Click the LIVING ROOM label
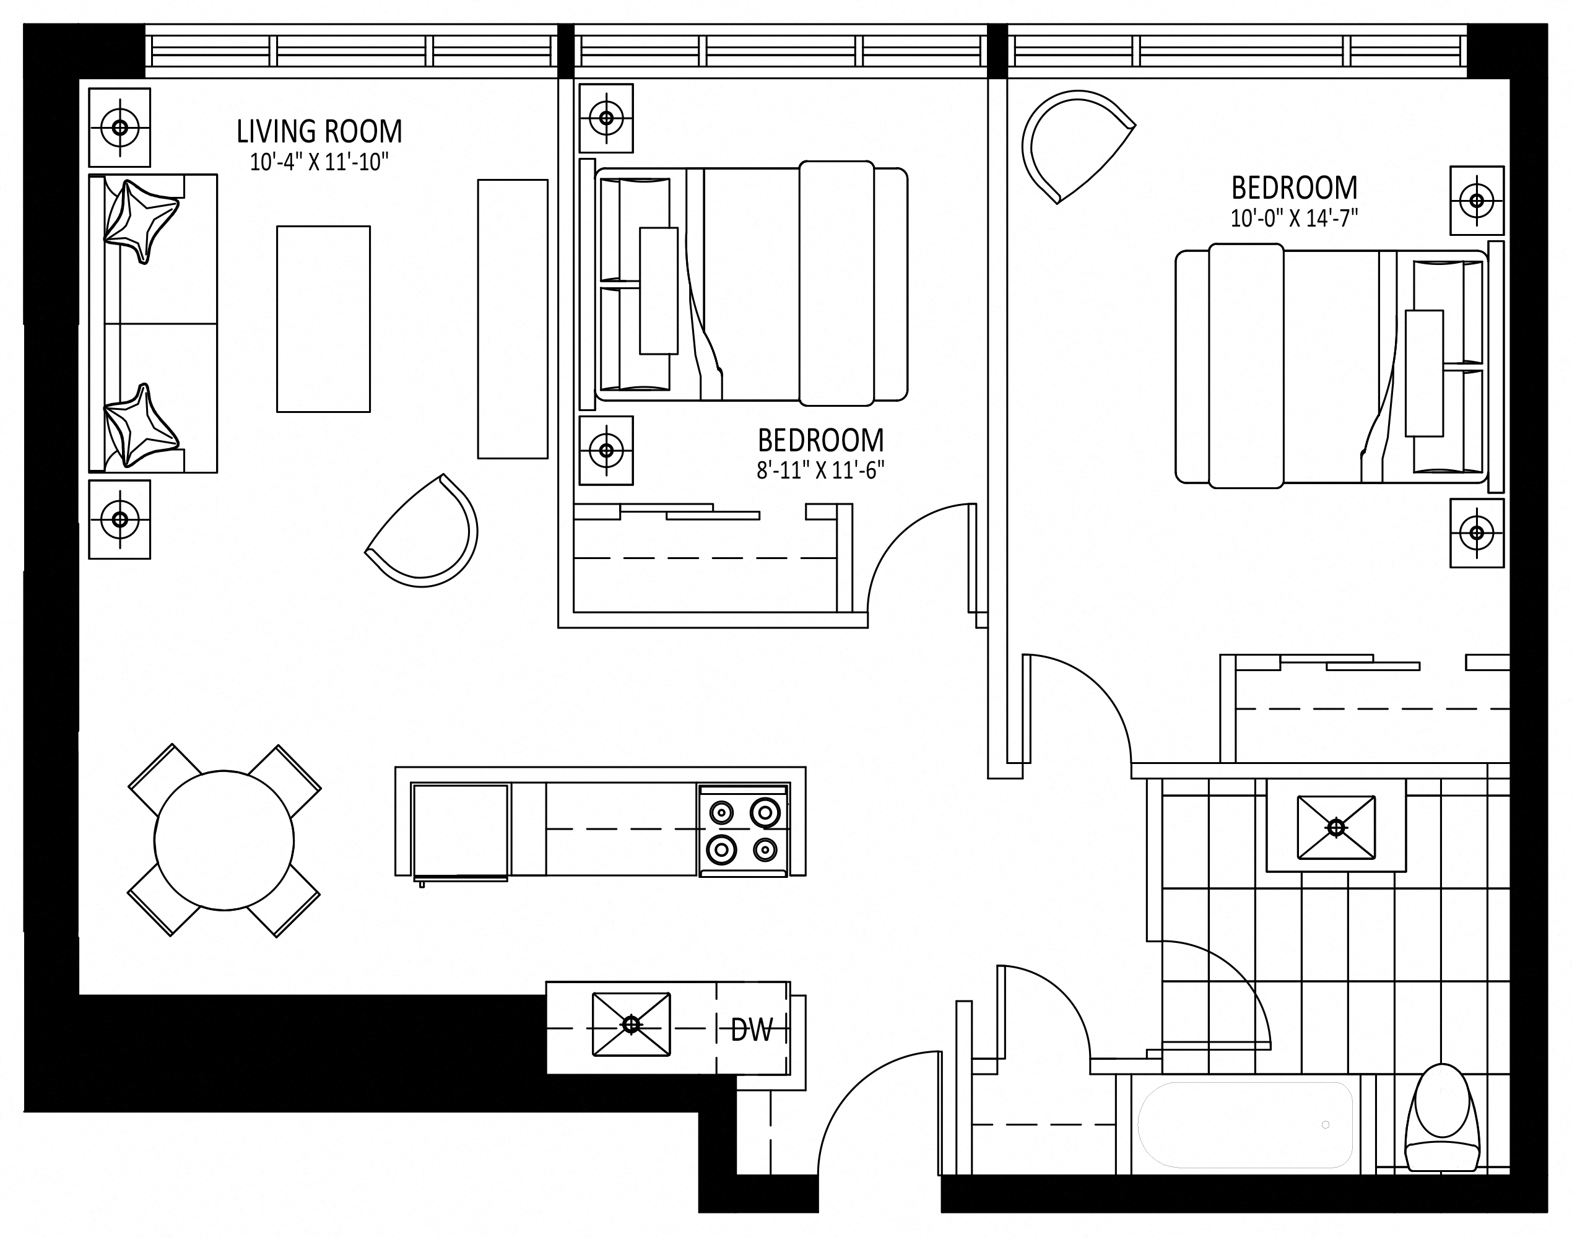pyautogui.click(x=319, y=132)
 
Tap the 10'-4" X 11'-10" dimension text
pyautogui.click(x=319, y=162)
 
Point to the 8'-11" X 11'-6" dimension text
pyautogui.click(x=820, y=471)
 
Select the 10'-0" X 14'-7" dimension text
pyautogui.click(x=1294, y=218)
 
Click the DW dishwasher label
pyautogui.click(x=752, y=1029)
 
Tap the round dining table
pyautogui.click(x=225, y=840)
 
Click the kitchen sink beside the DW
pyautogui.click(x=632, y=1024)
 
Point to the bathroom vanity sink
pyautogui.click(x=1336, y=827)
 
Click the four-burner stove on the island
pyautogui.click(x=743, y=831)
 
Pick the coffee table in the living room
pyautogui.click(x=324, y=319)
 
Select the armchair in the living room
pyautogui.click(x=423, y=532)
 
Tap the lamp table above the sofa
pyautogui.click(x=119, y=128)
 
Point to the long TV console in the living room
pyautogui.click(x=513, y=319)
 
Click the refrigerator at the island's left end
pyautogui.click(x=461, y=831)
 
